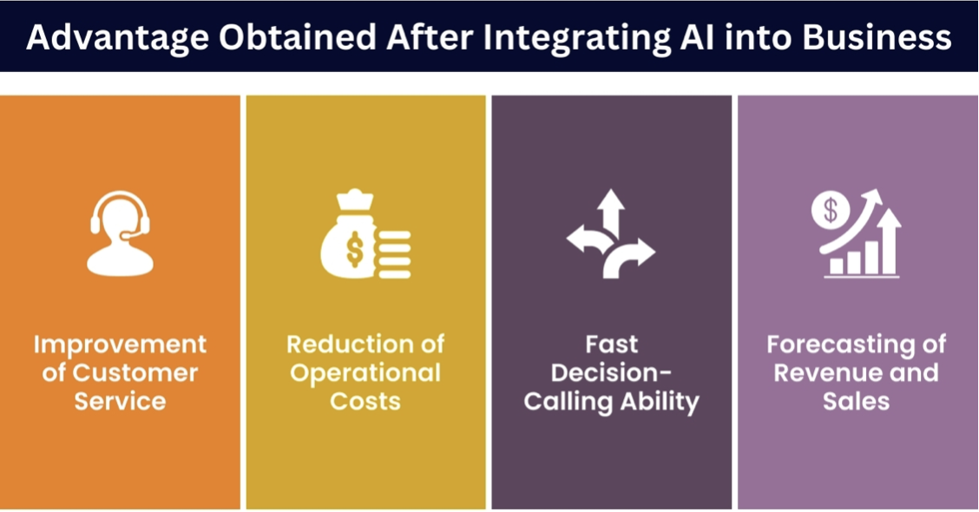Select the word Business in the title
click(877, 36)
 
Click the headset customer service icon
click(120, 233)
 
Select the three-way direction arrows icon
click(611, 233)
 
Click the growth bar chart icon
click(856, 233)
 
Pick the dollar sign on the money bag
click(355, 249)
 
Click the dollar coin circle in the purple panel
click(831, 210)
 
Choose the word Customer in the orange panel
click(135, 373)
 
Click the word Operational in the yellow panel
click(365, 374)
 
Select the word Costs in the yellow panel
click(365, 402)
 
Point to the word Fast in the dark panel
click(611, 344)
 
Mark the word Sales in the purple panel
click(856, 402)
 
